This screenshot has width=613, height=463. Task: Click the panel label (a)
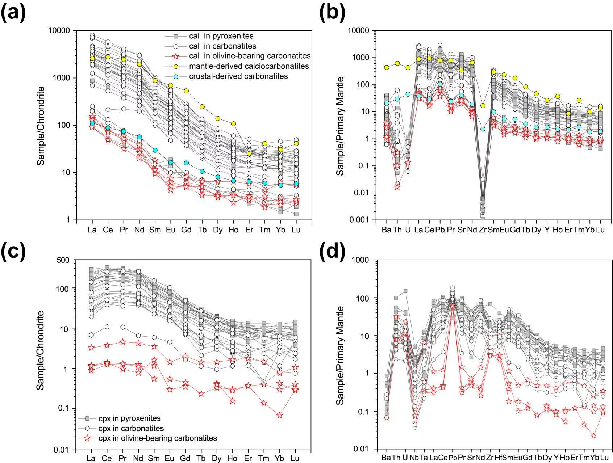tap(13, 13)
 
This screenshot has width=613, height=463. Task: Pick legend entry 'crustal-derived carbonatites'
tap(238, 76)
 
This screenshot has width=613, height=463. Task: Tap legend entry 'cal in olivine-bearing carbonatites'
tap(250, 56)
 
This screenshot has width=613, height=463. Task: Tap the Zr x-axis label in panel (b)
tap(483, 230)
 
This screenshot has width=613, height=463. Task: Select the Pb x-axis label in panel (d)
tap(453, 458)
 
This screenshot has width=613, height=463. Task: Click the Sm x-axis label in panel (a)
tap(155, 230)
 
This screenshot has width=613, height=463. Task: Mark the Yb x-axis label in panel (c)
tap(280, 458)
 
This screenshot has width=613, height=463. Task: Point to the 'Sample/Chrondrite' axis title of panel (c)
tap(41, 350)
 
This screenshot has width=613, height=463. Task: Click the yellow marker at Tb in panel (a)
tap(202, 106)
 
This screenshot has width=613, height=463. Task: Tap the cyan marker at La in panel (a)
tap(92, 123)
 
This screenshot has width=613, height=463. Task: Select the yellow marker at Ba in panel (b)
tap(387, 67)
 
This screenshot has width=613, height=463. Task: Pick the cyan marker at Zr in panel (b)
tap(483, 129)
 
